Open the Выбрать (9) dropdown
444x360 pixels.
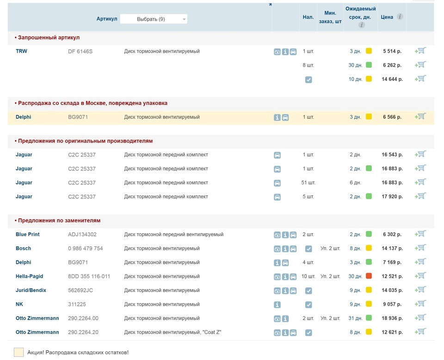[154, 19]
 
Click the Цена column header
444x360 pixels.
[387, 17]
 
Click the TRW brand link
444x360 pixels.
[22, 51]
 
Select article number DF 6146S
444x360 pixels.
[80, 51]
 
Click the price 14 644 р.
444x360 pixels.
[392, 79]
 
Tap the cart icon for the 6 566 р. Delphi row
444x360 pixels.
[420, 116]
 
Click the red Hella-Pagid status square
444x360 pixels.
[369, 276]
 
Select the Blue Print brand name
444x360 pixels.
[28, 234]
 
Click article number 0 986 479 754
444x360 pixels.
[86, 249]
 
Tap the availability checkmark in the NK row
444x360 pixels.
[308, 305]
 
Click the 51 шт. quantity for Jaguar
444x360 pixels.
[308, 183]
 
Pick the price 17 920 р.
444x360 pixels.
[392, 196]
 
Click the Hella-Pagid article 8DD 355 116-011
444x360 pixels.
[89, 276]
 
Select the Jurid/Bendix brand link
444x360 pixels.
[31, 290]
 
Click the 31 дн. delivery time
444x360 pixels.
[355, 318]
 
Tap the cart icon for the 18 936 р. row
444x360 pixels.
[420, 317]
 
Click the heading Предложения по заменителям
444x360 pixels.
[59, 220]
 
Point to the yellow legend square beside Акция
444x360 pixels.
[18, 352]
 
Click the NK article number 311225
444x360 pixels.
[77, 304]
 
